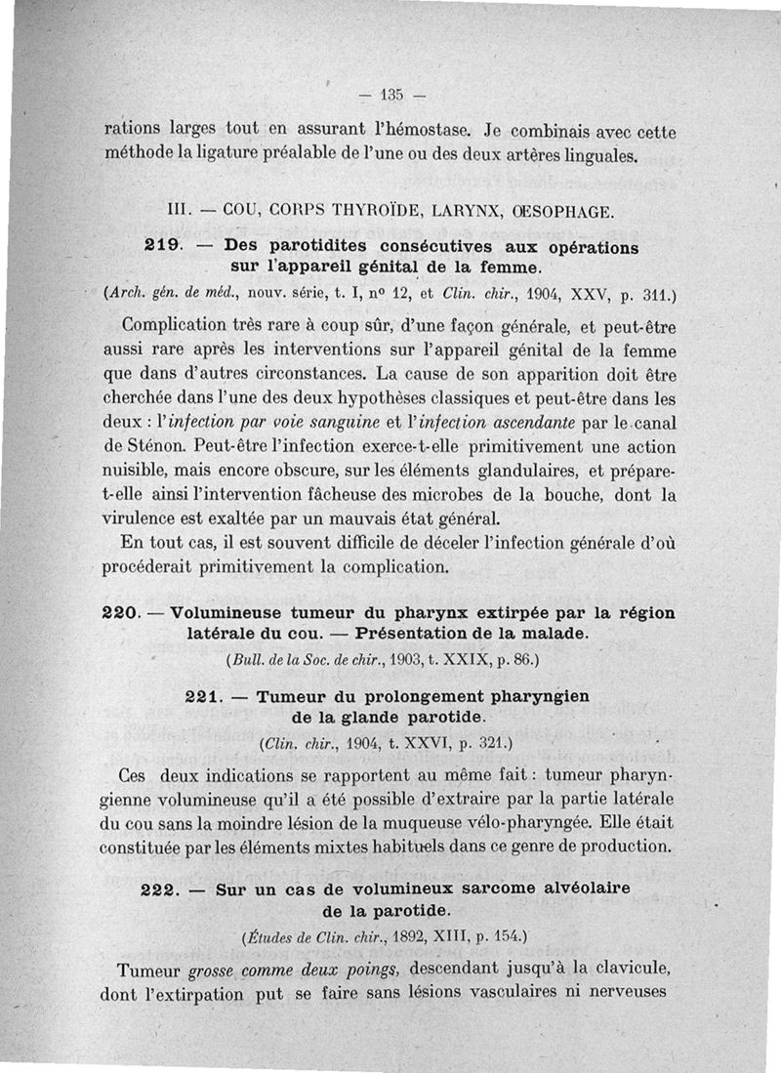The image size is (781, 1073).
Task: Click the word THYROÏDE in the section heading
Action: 364,209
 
